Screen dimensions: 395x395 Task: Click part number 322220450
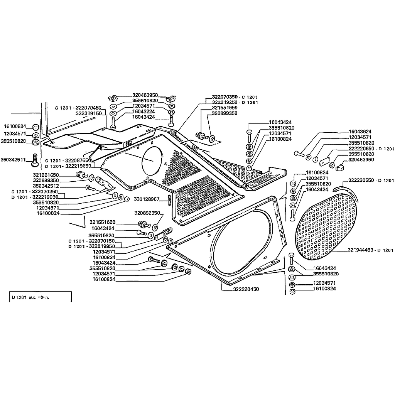pyautogui.click(x=246, y=289)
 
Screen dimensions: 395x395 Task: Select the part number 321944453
pyautogui.click(x=361, y=250)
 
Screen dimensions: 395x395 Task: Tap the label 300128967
pyautogui.click(x=147, y=199)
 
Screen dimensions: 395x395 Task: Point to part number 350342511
pyautogui.click(x=13, y=160)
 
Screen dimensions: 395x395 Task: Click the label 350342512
pyautogui.click(x=46, y=186)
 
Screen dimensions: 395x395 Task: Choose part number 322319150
pyautogui.click(x=89, y=114)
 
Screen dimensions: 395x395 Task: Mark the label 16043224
pyautogui.click(x=143, y=111)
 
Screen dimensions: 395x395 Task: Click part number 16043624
pyautogui.click(x=360, y=132)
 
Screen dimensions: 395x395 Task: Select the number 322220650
pyautogui.click(x=361, y=149)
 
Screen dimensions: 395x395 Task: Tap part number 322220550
pyautogui.click(x=361, y=181)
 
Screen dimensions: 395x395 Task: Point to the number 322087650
pyautogui.click(x=78, y=160)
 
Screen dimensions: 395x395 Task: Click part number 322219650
pyautogui.click(x=78, y=166)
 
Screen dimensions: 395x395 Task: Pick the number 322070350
pyautogui.click(x=225, y=97)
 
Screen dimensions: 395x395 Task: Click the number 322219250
pyautogui.click(x=225, y=103)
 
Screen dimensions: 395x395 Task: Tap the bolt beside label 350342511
pyautogui.click(x=35, y=160)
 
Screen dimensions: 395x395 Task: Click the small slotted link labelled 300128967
pyautogui.click(x=170, y=199)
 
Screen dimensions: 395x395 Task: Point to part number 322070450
pyautogui.click(x=88, y=108)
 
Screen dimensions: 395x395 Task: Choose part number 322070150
pyautogui.click(x=102, y=241)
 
